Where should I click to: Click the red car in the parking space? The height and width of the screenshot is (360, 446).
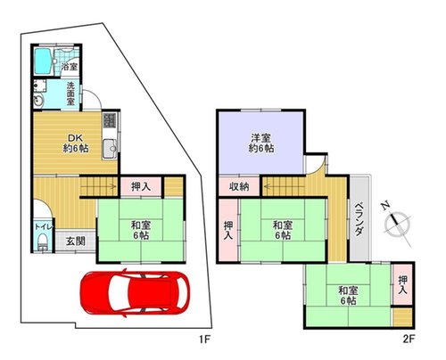click(135, 292)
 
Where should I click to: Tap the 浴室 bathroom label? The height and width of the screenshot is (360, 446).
click(70, 67)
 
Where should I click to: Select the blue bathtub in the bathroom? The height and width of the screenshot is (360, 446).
click(43, 61)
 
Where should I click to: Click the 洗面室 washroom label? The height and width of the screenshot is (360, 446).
click(70, 94)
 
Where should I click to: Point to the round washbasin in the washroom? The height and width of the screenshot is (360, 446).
click(38, 101)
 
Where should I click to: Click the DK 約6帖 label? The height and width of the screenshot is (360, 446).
click(76, 143)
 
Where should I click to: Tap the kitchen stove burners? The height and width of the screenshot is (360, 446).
click(110, 120)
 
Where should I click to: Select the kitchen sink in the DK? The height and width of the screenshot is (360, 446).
click(110, 149)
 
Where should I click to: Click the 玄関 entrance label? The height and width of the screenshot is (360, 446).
click(76, 241)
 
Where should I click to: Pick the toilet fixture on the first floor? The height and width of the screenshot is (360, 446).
click(43, 241)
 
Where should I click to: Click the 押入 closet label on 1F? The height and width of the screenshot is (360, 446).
click(141, 186)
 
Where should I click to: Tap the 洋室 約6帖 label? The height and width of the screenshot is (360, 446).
click(261, 143)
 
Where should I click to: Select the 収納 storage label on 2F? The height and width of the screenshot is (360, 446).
click(239, 186)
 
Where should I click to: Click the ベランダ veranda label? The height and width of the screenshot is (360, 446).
click(359, 218)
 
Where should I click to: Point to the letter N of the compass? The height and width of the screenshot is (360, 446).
click(385, 205)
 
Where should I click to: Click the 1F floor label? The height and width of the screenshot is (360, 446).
click(204, 340)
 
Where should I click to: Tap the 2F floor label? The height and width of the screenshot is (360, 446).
click(409, 340)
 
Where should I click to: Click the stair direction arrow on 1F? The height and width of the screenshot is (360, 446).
click(98, 186)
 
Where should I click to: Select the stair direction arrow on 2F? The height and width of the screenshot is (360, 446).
click(284, 186)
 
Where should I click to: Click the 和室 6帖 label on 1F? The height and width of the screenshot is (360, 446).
click(141, 230)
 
